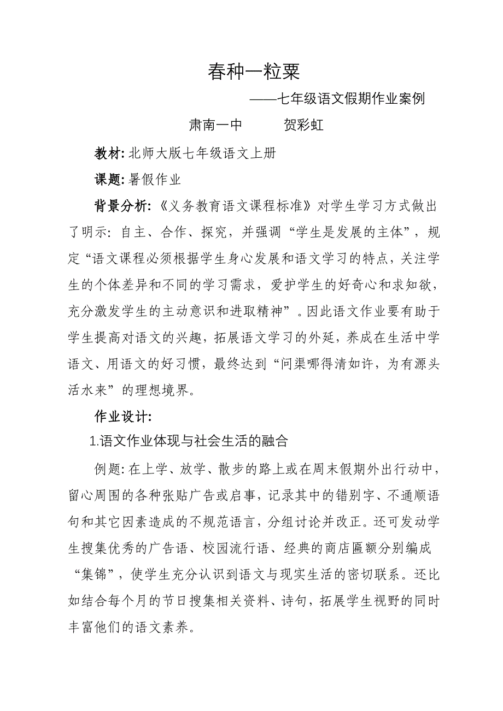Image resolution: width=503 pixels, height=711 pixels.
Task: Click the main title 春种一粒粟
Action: (x=254, y=72)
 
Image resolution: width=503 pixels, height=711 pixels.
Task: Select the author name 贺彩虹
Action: (x=304, y=125)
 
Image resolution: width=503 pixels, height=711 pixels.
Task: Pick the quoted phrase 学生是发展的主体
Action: (x=353, y=233)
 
